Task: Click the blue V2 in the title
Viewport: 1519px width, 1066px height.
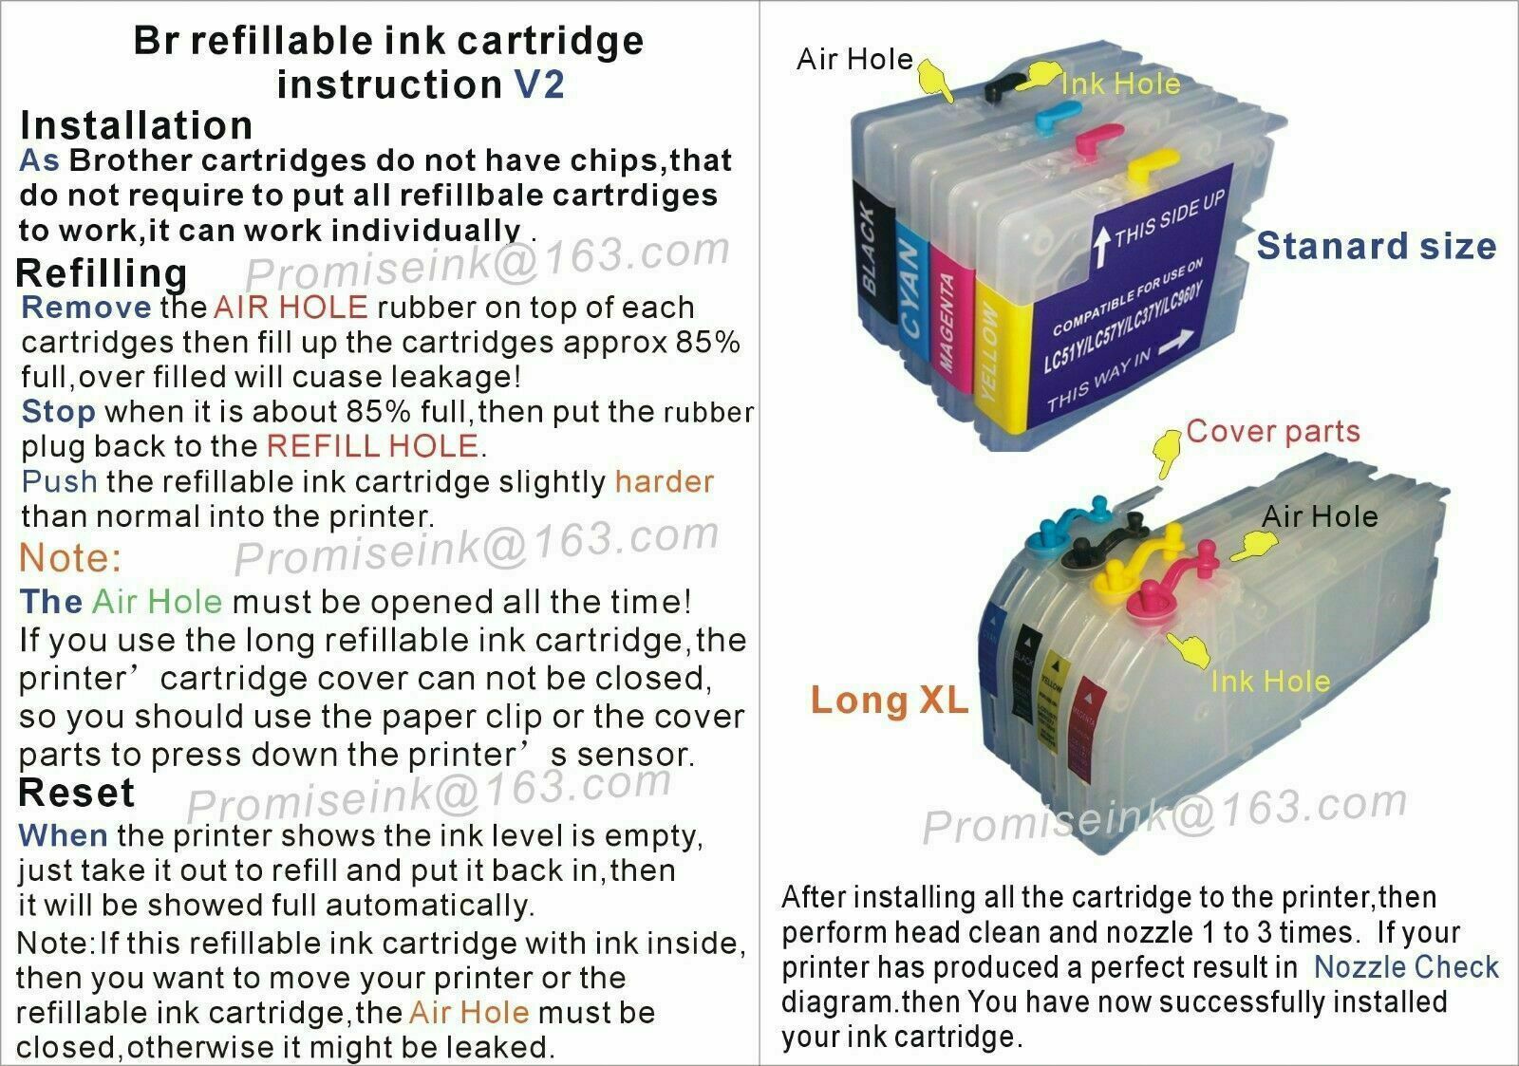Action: pyautogui.click(x=539, y=84)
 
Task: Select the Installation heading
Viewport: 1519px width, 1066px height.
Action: pyautogui.click(x=137, y=125)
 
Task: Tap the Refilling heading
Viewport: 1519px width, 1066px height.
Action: pyautogui.click(x=102, y=274)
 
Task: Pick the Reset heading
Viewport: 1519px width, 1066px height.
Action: pyautogui.click(x=76, y=793)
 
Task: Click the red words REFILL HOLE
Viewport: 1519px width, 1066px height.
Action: pyautogui.click(x=373, y=446)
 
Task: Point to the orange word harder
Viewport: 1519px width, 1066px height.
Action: pyautogui.click(x=665, y=481)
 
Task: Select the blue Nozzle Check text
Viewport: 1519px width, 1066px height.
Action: pyautogui.click(x=1406, y=967)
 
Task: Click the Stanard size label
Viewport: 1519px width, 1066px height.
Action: pyautogui.click(x=1377, y=246)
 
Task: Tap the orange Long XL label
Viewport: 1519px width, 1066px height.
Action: pyautogui.click(x=890, y=700)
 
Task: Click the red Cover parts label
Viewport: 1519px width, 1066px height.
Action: pyautogui.click(x=1273, y=432)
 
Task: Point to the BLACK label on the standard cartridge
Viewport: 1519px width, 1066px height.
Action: pyautogui.click(x=868, y=251)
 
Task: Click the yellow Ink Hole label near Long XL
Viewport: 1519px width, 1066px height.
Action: pyautogui.click(x=1271, y=682)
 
